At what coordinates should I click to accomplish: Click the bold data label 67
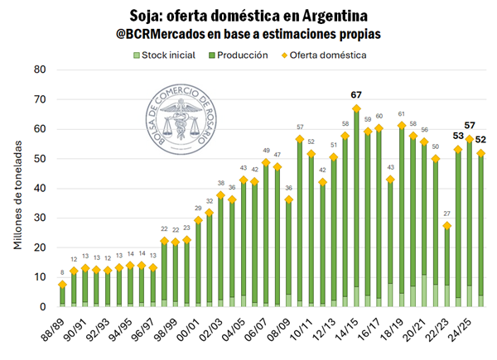point(356,95)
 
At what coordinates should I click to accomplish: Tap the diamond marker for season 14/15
point(356,108)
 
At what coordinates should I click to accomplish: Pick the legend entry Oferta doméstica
point(331,55)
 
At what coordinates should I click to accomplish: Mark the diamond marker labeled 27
point(446,226)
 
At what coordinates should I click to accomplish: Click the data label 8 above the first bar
point(62,273)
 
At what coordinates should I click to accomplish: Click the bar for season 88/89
point(62,296)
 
